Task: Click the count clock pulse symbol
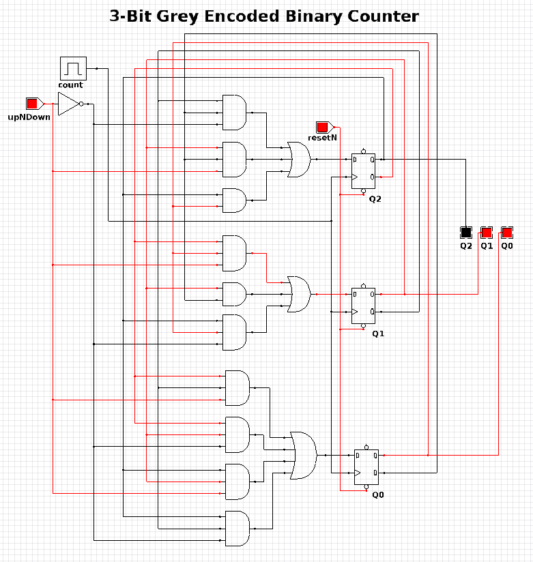(73, 68)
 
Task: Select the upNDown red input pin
(32, 104)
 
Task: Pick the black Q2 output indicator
(466, 233)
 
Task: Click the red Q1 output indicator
(487, 233)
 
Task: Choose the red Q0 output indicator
(507, 233)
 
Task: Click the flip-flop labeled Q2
(363, 170)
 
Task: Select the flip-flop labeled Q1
(363, 305)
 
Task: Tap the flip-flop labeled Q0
(366, 467)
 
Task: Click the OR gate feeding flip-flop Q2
(298, 160)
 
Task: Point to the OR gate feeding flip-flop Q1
(298, 294)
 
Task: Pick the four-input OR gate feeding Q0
(303, 455)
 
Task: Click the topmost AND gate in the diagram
(234, 113)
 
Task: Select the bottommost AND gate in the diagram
(237, 529)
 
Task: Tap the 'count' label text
(71, 85)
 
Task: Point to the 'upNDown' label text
(25, 118)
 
